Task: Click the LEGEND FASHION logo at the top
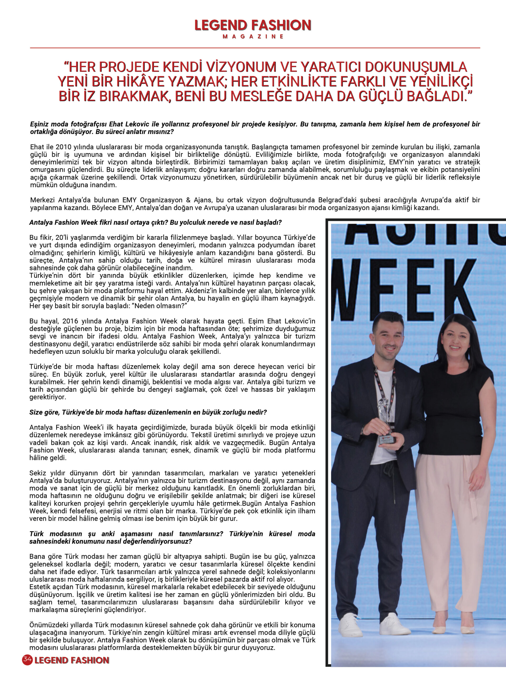(253, 25)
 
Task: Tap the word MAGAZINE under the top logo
(253, 37)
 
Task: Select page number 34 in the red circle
(27, 660)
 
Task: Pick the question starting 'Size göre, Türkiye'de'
(148, 412)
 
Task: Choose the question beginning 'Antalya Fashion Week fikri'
(155, 222)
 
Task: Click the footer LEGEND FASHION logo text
(72, 660)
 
